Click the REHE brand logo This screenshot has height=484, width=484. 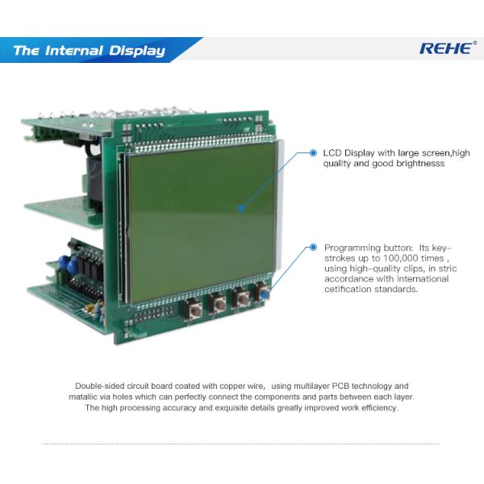(447, 48)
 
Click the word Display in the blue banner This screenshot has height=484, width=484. (137, 51)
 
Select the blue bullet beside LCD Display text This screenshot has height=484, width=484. (313, 152)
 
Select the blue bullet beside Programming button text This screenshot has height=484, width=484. (313, 248)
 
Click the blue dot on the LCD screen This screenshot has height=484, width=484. (241, 208)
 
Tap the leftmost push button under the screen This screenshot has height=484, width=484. (193, 310)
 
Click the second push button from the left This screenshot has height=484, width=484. (218, 304)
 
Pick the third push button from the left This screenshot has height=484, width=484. (241, 298)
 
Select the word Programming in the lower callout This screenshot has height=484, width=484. (353, 248)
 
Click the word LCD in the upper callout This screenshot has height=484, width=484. (332, 152)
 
